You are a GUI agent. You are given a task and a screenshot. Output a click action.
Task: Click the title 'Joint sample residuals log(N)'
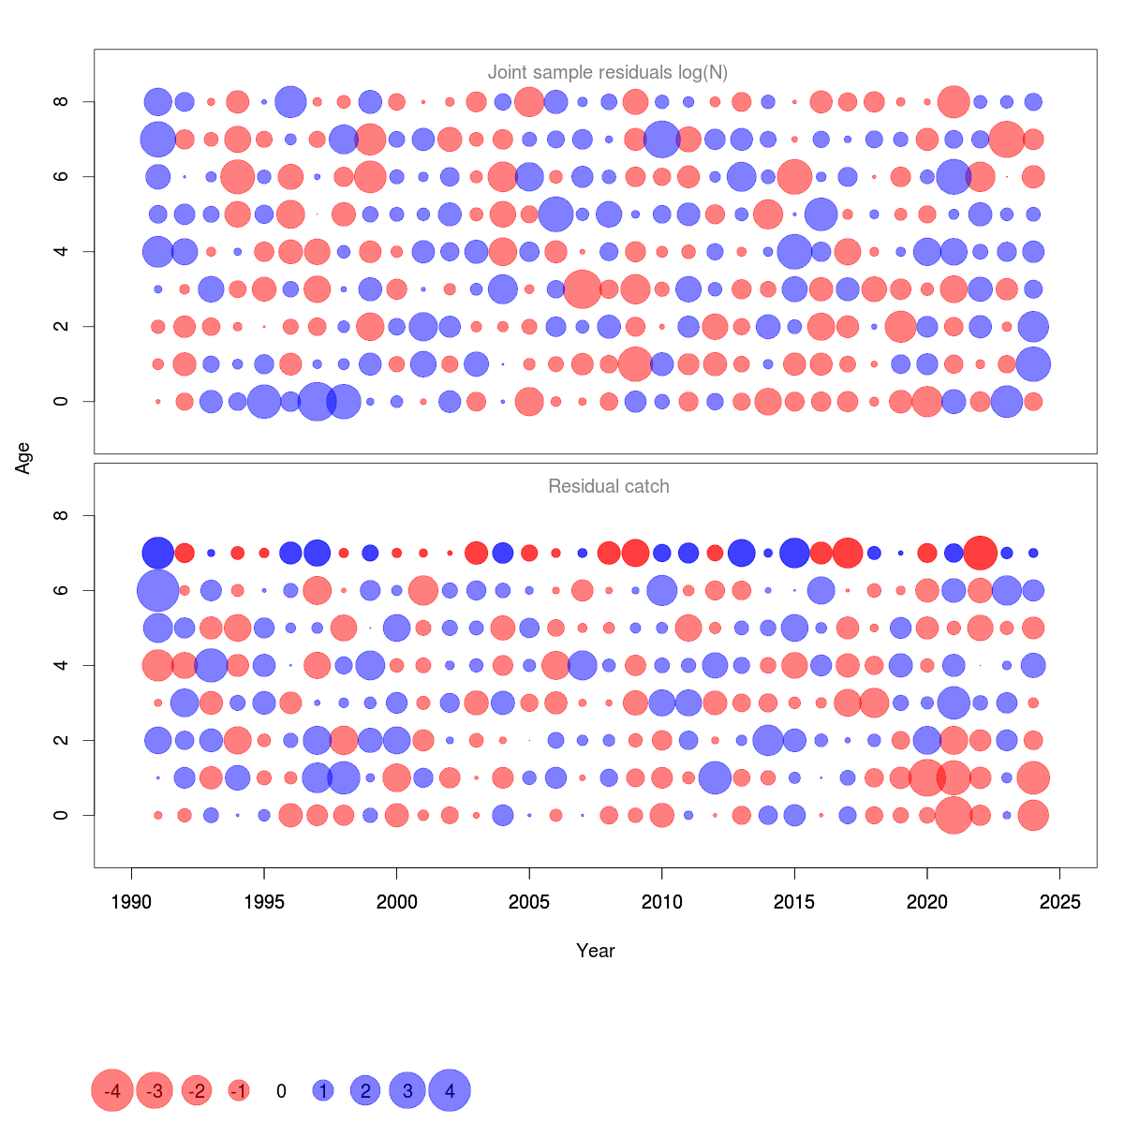(x=608, y=72)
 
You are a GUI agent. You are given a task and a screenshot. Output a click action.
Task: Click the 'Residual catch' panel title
(x=608, y=486)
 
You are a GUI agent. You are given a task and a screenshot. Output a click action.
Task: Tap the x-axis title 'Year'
(x=596, y=951)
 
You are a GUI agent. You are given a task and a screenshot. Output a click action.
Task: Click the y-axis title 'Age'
(x=23, y=458)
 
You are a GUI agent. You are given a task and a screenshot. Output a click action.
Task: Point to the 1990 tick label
(x=131, y=902)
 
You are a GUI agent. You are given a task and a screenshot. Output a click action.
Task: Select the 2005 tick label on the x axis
(x=529, y=902)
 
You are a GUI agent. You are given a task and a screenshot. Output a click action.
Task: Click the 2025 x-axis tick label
(x=1059, y=902)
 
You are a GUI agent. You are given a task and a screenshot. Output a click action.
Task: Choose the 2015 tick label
(x=794, y=902)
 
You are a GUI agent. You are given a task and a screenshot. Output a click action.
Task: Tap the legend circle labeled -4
(x=112, y=1090)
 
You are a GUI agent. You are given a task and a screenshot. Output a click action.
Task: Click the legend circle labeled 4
(x=450, y=1090)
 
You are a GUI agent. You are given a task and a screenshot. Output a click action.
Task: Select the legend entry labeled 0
(x=281, y=1091)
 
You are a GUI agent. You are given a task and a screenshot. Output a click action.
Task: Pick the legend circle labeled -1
(x=239, y=1090)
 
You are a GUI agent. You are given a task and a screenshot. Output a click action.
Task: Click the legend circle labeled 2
(x=365, y=1090)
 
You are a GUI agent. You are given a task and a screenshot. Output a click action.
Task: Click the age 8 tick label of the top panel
(x=62, y=101)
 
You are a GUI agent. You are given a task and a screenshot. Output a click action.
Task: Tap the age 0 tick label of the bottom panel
(x=62, y=815)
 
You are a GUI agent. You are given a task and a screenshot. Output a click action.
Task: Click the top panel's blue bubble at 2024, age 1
(x=1033, y=363)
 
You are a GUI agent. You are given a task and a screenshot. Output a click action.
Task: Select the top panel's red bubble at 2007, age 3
(x=583, y=288)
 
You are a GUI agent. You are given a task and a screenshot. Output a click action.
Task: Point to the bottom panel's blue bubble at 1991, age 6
(x=157, y=590)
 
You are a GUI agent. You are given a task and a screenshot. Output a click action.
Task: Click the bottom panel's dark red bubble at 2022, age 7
(x=981, y=553)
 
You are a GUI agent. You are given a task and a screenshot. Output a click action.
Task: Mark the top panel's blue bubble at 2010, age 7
(x=662, y=139)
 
